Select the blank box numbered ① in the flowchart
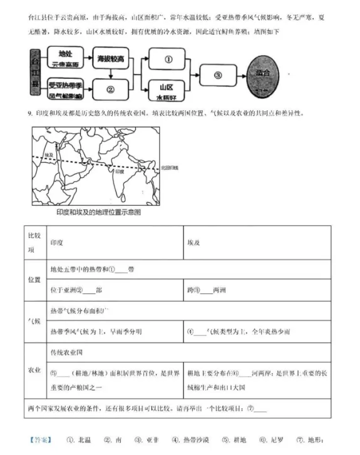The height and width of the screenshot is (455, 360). pos(168,59)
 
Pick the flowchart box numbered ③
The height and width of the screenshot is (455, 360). pos(218,75)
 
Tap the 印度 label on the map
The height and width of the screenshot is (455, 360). pos(119,170)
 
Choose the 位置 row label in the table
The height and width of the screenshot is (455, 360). pos(34,280)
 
